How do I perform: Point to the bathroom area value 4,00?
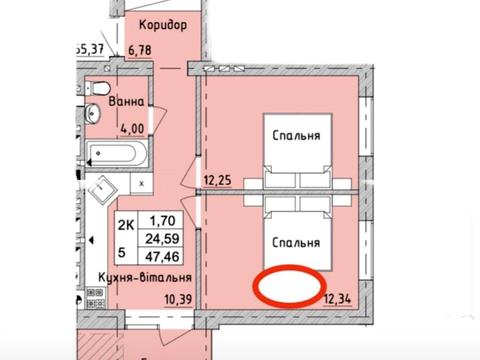[x=134, y=127]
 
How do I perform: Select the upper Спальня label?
[x=295, y=138]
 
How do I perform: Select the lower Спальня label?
[x=295, y=242]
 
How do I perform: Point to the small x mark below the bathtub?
[x=141, y=184]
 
